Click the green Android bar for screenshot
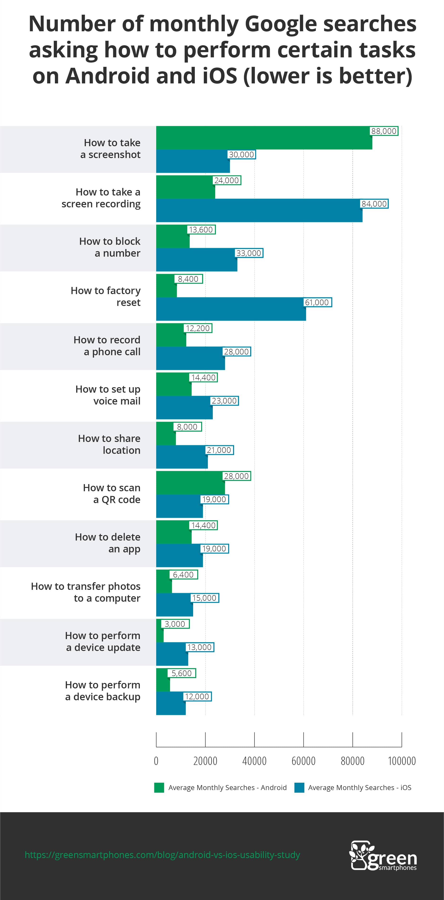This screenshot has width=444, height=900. click(264, 138)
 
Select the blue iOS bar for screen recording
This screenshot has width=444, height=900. click(259, 210)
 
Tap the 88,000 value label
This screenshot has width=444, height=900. click(384, 131)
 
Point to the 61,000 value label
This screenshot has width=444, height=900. click(317, 302)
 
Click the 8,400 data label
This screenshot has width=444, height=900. click(188, 279)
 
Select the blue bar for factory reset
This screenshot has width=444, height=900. click(231, 309)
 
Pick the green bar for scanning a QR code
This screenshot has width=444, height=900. click(190, 483)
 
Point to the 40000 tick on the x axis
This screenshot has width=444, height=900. click(254, 761)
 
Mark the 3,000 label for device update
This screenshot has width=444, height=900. click(175, 624)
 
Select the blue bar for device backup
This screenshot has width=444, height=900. click(171, 703)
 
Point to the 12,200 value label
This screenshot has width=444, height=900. click(198, 328)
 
